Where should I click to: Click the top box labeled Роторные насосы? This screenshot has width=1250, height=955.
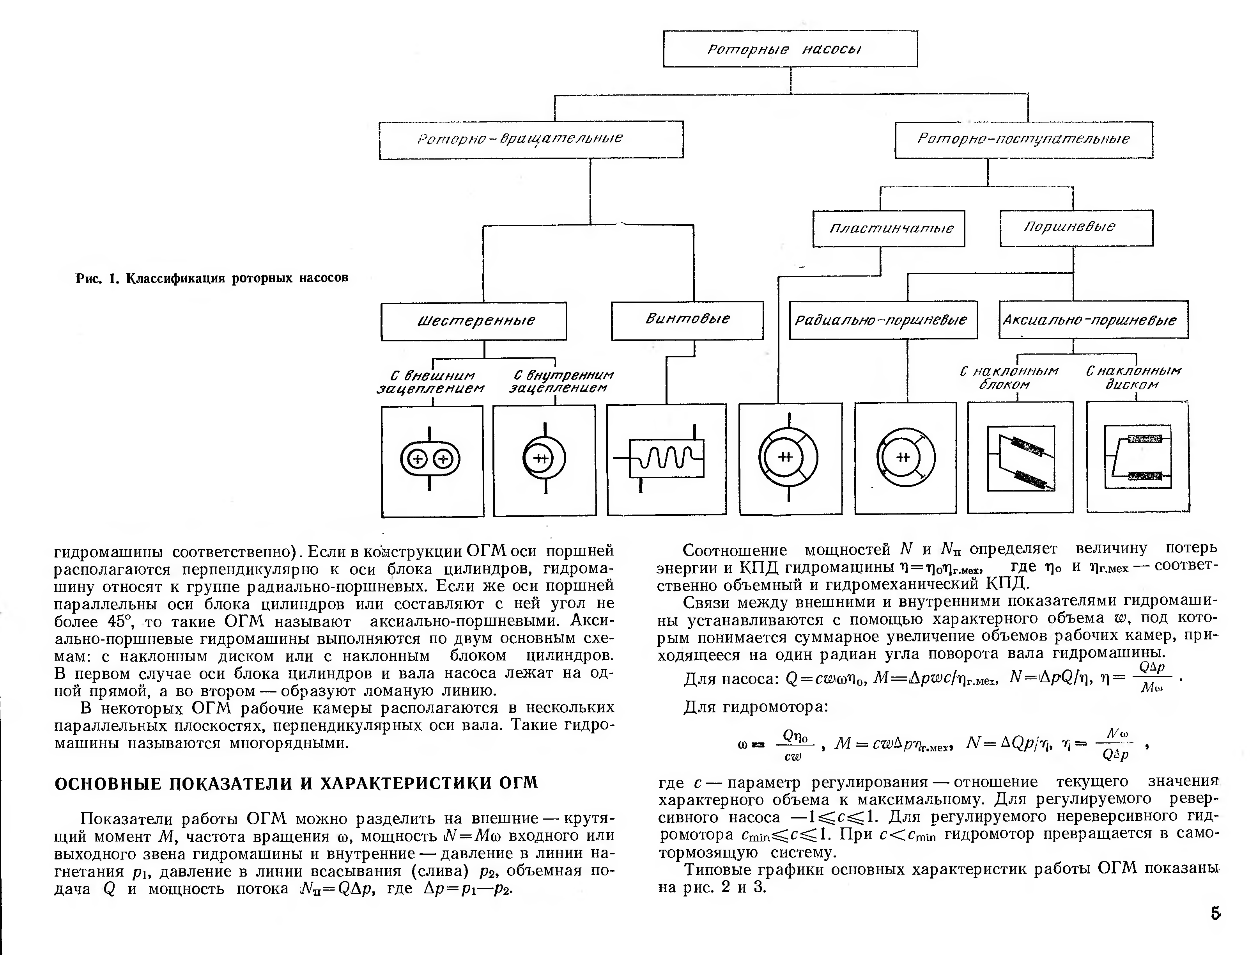pyautogui.click(x=790, y=49)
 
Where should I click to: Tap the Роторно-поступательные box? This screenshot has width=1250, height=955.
pyautogui.click(x=1023, y=139)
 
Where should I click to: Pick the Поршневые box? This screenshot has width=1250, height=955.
pyautogui.click(x=1076, y=227)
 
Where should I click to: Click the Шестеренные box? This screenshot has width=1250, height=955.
pyautogui.click(x=473, y=321)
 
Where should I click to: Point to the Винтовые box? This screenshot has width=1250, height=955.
pyautogui.click(x=687, y=320)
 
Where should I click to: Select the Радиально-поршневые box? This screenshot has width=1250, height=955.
pyautogui.click(x=883, y=320)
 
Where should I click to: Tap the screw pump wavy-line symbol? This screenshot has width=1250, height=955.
pyautogui.click(x=666, y=458)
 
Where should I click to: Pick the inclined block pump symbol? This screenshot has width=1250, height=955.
pyautogui.click(x=1020, y=458)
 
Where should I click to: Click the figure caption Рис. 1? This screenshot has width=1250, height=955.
pyautogui.click(x=211, y=278)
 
